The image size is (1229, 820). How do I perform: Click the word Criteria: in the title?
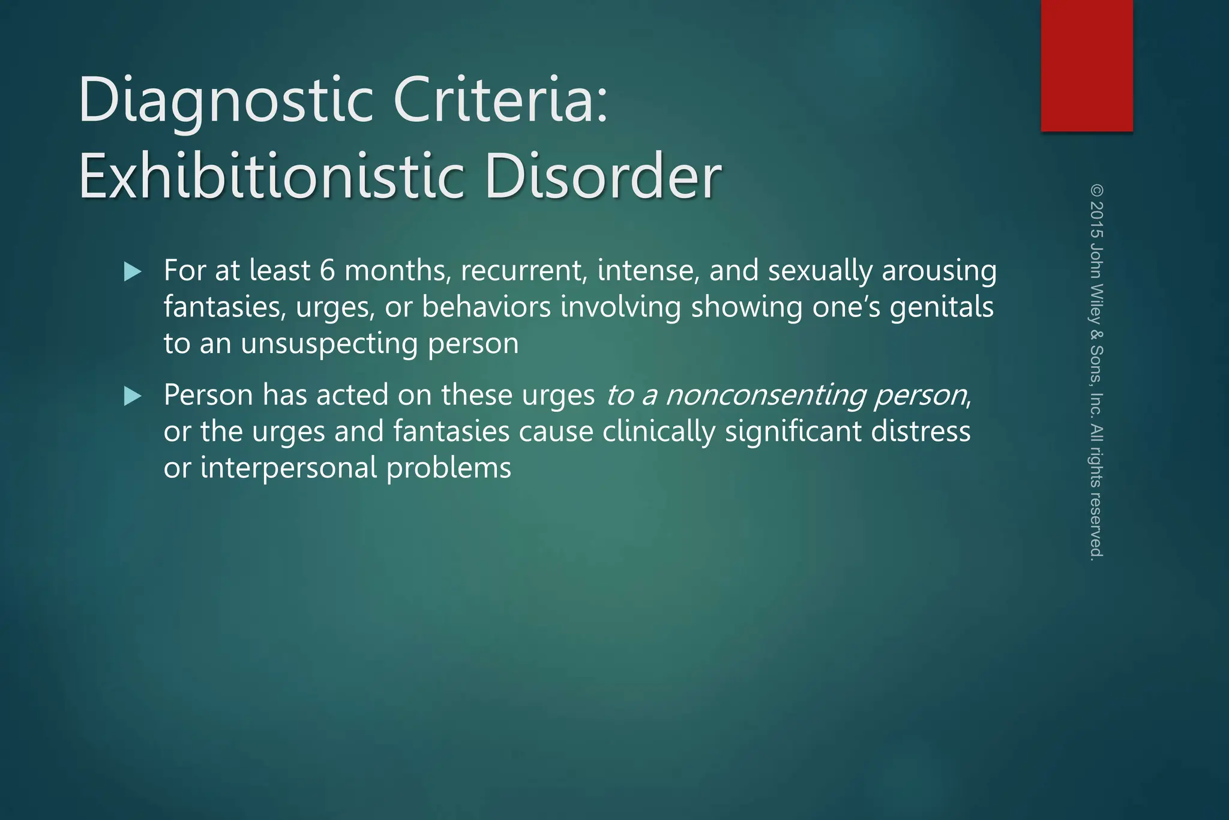tap(501, 99)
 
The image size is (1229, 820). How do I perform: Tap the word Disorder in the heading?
tap(602, 177)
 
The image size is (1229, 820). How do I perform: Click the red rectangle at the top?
tap(1087, 65)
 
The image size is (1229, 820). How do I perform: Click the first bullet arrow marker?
tap(133, 272)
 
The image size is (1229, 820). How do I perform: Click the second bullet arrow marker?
tap(133, 396)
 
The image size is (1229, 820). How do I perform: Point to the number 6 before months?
tap(327, 271)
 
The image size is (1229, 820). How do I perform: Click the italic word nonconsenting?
tap(766, 396)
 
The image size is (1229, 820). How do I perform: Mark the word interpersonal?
tap(289, 468)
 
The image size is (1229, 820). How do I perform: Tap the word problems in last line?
tap(449, 468)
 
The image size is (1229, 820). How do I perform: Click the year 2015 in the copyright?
tap(1096, 220)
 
